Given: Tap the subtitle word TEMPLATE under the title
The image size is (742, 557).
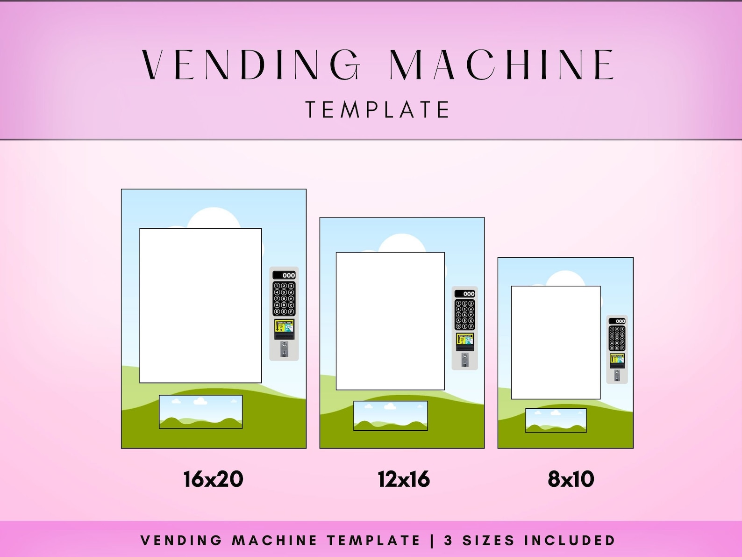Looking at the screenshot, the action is [x=378, y=109].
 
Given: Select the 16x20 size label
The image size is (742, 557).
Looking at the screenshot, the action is [x=213, y=479].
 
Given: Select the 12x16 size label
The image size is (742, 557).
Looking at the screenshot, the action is [x=404, y=479].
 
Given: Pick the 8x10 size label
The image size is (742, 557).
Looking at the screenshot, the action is [x=571, y=479].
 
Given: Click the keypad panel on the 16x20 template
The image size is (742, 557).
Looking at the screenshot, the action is [x=284, y=298].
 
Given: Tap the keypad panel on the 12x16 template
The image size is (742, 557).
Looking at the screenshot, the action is [x=464, y=314].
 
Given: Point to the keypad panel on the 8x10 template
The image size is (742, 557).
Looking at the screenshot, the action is [x=617, y=338].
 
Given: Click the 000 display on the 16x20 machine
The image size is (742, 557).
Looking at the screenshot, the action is [x=284, y=275].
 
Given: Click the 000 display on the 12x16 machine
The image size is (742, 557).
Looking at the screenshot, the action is [x=465, y=294].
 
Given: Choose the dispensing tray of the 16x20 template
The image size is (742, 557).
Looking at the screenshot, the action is [x=200, y=412].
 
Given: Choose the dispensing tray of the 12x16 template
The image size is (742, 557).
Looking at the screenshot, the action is [x=390, y=415].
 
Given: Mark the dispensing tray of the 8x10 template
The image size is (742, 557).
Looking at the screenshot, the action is [x=556, y=420].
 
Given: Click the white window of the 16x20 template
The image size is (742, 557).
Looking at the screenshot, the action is [x=200, y=305].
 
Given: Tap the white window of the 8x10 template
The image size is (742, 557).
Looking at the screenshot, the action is [x=556, y=342].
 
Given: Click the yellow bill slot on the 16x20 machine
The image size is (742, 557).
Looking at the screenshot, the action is [x=284, y=328].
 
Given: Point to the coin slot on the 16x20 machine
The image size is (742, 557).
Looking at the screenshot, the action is [x=284, y=349].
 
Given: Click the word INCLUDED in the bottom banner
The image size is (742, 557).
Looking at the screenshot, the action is [x=570, y=540].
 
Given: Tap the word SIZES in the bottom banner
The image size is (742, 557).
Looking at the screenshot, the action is [x=488, y=540].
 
